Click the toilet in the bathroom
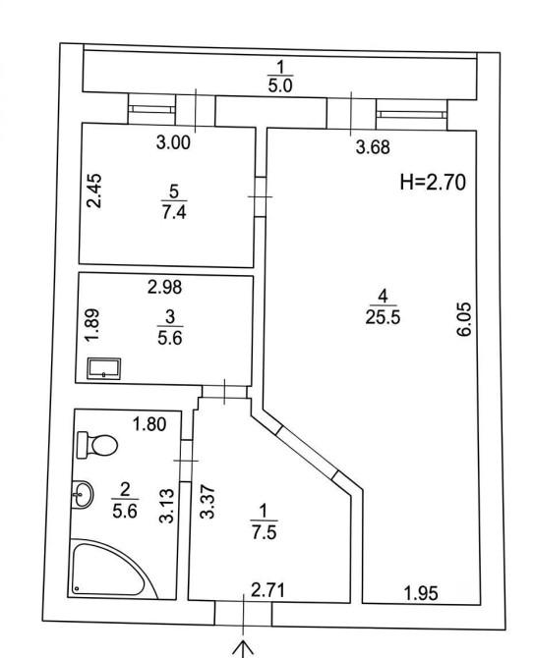(97, 445)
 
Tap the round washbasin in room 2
(82, 494)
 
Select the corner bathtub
(113, 570)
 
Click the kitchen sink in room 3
(104, 368)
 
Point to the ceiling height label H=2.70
(433, 183)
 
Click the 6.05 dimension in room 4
(465, 319)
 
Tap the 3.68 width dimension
(373, 147)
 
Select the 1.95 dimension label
(421, 593)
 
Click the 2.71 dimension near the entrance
(267, 590)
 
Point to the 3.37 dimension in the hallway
(207, 502)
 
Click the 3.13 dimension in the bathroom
(167, 506)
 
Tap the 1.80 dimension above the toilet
(149, 424)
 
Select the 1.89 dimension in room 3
(92, 325)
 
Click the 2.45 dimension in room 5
(94, 191)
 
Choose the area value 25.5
(383, 317)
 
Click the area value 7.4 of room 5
(173, 212)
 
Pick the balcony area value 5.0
(279, 85)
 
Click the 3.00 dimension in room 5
(173, 142)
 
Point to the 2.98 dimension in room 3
(165, 287)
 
